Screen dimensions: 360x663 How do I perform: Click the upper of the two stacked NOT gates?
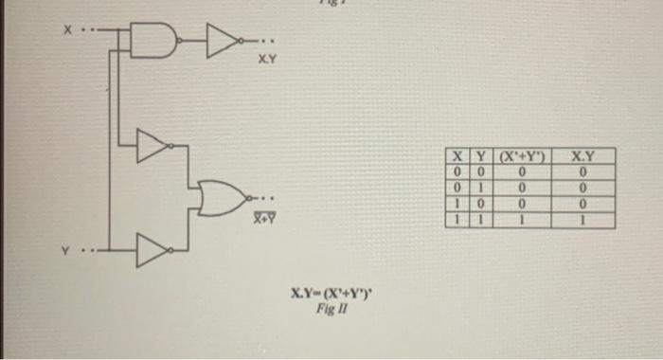[152, 144]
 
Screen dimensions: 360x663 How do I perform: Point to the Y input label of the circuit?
[67, 251]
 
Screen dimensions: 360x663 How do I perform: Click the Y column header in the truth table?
[479, 156]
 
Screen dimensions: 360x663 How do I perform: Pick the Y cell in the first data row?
[479, 171]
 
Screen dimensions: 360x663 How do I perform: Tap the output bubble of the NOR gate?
[248, 197]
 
